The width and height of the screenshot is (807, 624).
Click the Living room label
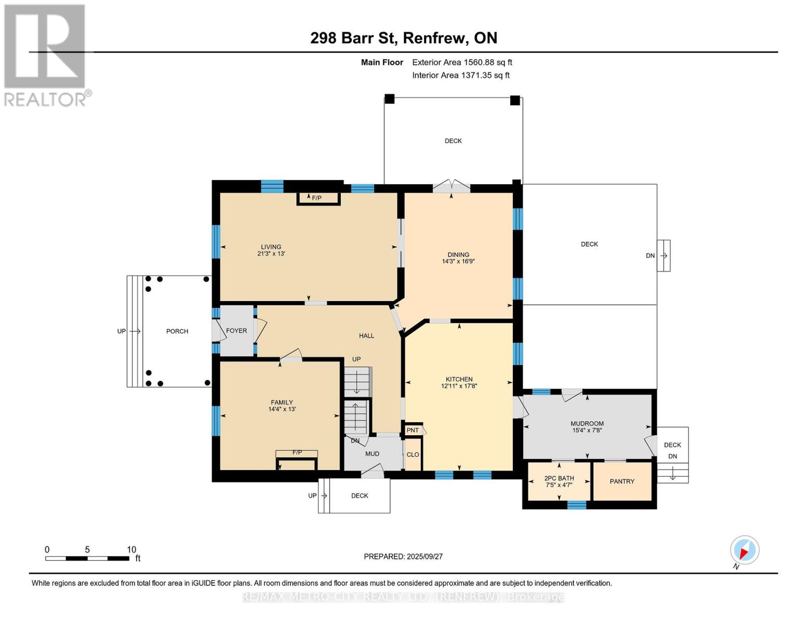click(x=271, y=247)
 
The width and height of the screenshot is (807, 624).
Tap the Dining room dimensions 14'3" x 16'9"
click(x=458, y=262)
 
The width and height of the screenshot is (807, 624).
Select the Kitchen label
click(x=459, y=379)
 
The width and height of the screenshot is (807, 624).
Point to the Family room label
click(x=282, y=402)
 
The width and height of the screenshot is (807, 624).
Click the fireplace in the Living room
click(x=318, y=198)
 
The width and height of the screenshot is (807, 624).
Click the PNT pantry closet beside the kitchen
click(x=413, y=430)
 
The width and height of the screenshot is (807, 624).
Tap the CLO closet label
click(x=413, y=454)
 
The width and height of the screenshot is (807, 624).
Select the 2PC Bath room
click(x=559, y=482)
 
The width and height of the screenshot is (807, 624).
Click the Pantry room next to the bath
click(x=622, y=482)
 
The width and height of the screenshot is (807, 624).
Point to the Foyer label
click(x=236, y=331)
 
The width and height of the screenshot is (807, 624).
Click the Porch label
click(x=177, y=331)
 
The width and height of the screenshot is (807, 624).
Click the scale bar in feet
click(x=87, y=558)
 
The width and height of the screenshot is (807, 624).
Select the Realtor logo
click(x=45, y=55)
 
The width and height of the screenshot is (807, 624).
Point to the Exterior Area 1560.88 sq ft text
click(x=462, y=62)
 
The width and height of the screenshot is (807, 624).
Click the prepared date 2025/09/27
click(x=403, y=556)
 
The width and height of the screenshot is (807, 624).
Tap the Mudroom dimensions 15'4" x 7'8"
click(x=587, y=431)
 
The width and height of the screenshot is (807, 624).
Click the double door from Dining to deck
click(x=452, y=187)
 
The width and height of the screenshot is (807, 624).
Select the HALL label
click(x=366, y=336)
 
